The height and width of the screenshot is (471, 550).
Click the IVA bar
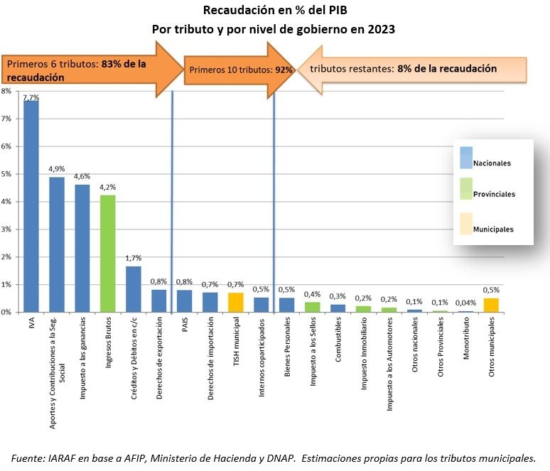click(x=31, y=206)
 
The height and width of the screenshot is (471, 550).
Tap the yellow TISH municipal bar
click(x=235, y=302)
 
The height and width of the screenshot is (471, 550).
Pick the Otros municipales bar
click(x=491, y=305)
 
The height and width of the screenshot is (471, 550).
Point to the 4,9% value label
click(x=57, y=169)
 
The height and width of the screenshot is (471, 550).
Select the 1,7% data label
click(x=134, y=259)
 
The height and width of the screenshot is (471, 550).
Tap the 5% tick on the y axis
click(x=5, y=174)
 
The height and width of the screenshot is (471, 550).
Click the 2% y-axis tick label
click(x=5, y=257)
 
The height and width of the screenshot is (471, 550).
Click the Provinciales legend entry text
click(x=494, y=194)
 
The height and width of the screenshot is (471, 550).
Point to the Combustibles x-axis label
click(x=338, y=338)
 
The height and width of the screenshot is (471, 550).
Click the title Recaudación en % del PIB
click(x=274, y=11)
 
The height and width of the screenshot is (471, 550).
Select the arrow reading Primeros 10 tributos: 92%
click(x=240, y=70)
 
